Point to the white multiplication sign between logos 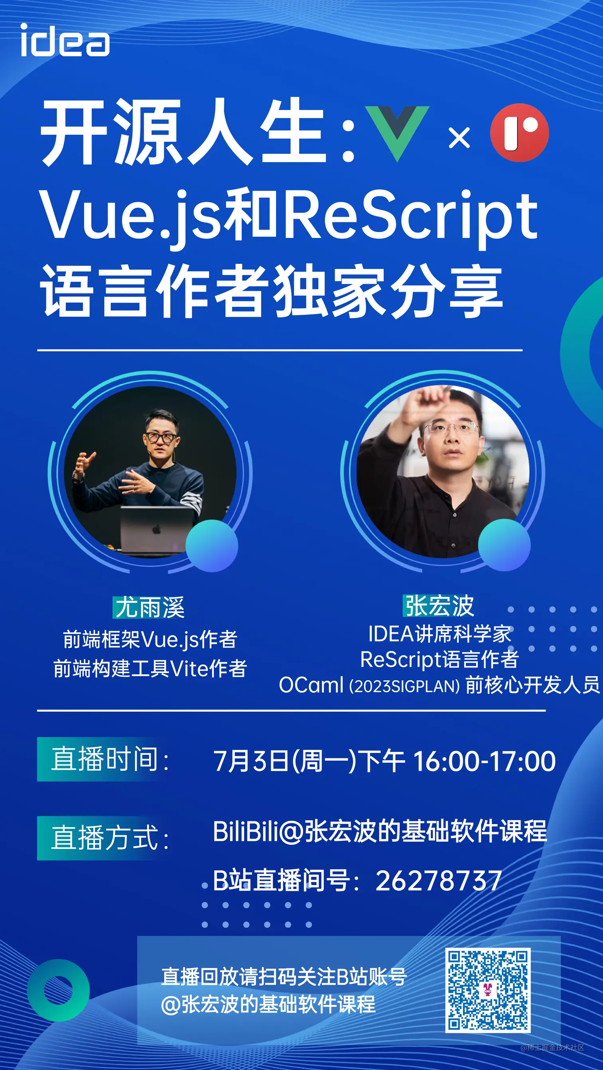[459, 137]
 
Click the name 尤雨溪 [149, 607]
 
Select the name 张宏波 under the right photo [439, 606]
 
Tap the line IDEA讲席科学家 [439, 634]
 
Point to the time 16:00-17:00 [484, 761]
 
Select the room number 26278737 [438, 880]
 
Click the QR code [488, 990]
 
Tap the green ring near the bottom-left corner [59, 990]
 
